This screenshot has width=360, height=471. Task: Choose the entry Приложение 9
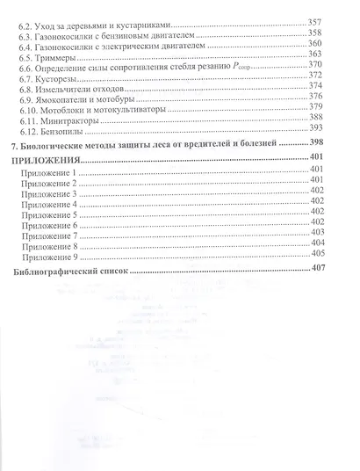(x=54, y=258)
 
